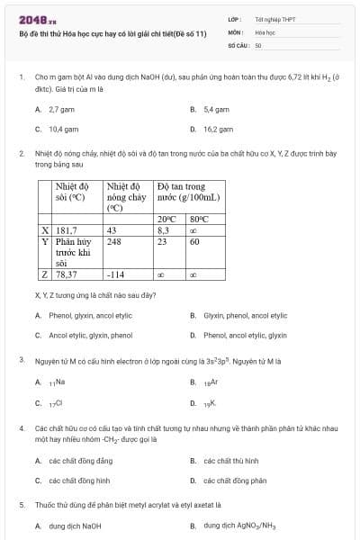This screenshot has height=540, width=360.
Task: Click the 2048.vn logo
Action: pos(19,20)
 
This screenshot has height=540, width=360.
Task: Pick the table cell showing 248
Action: pos(114,241)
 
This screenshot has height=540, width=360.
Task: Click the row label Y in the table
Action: pos(45,241)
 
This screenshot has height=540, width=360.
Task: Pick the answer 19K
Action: pos(210,403)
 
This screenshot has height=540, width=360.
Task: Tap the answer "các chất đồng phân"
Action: pos(235,481)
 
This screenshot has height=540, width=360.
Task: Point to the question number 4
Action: pos(21,428)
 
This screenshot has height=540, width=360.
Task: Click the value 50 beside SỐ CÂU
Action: pos(258,44)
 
